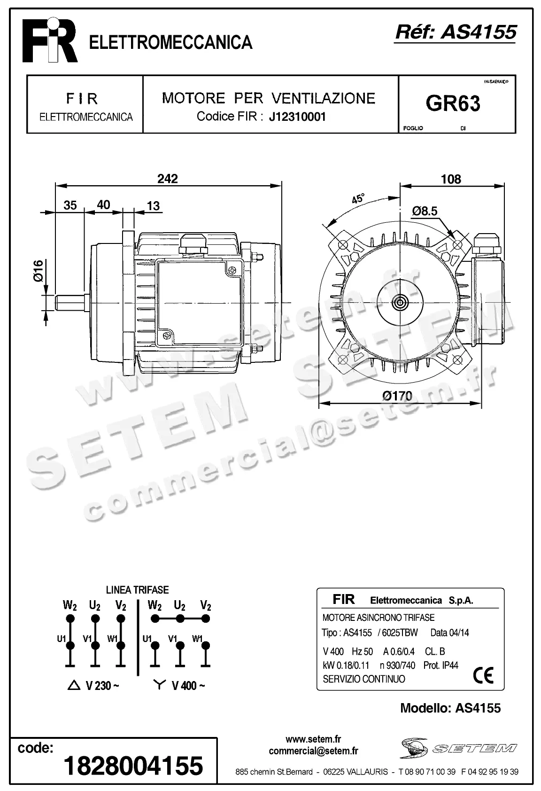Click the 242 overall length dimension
168,179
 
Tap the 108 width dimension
451,179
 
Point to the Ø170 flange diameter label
397,396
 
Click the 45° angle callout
358,198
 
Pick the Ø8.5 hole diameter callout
425,211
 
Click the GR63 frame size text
453,103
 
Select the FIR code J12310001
297,117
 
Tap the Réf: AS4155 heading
456,32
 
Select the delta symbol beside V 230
74,686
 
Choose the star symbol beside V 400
160,685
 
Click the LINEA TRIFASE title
137,590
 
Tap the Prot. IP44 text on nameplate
441,665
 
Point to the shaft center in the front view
401,302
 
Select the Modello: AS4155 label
450,708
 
